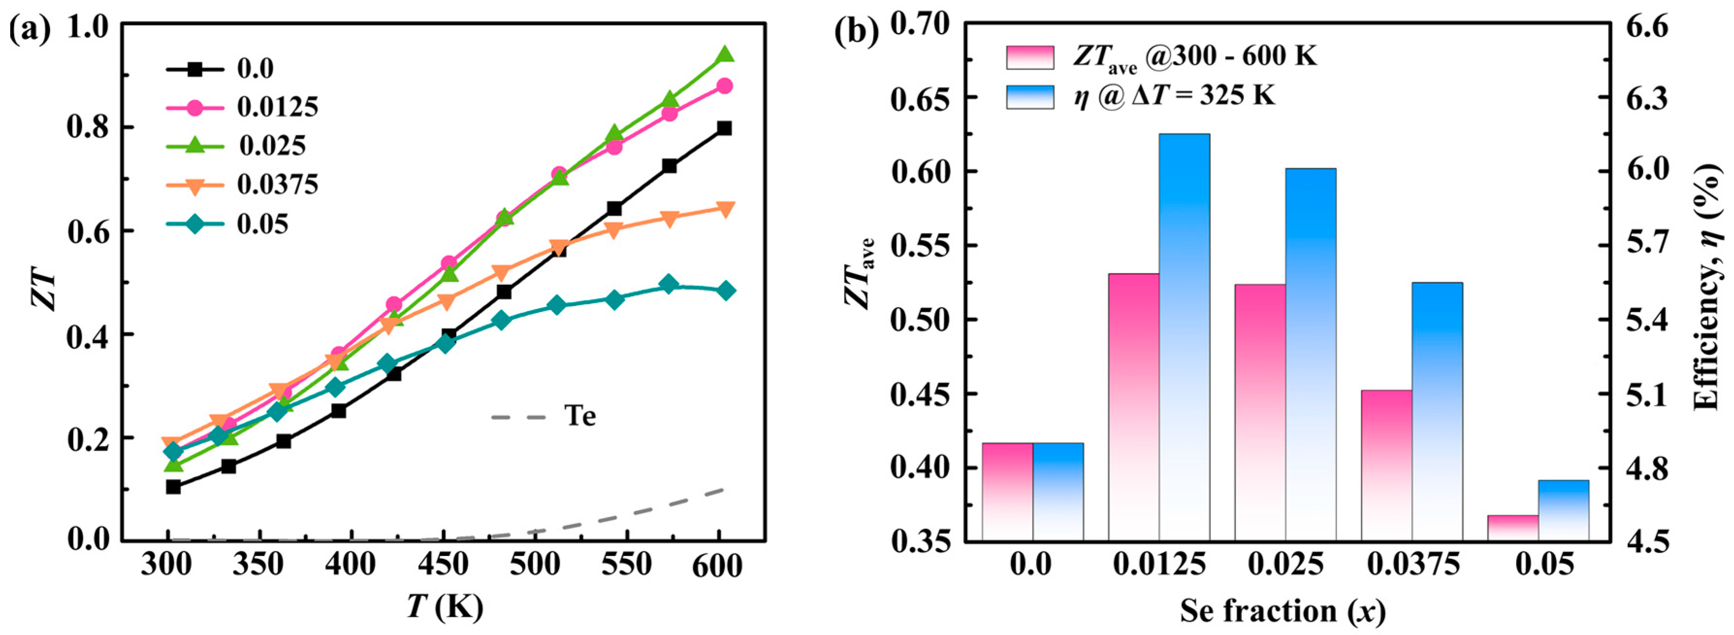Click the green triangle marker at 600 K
724,54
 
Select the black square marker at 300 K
173,486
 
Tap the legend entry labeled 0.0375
277,184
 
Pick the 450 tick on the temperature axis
443,564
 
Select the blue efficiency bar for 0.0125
1184,337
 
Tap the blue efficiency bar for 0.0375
1437,411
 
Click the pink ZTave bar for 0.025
1260,412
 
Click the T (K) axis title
444,608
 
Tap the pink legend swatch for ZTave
1030,57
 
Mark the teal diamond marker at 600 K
725,291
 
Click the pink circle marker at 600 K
724,86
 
